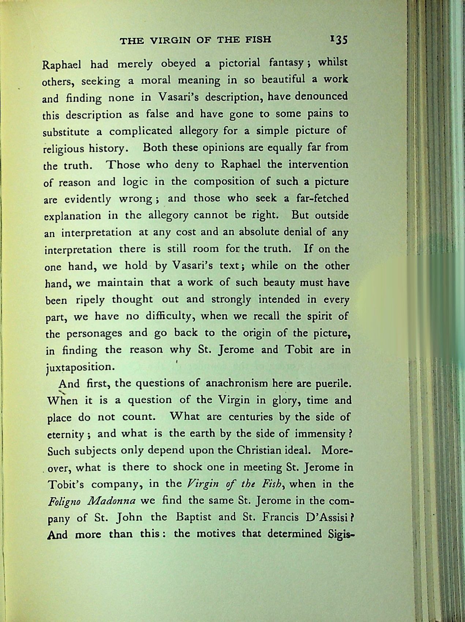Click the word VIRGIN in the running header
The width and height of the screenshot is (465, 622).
point(165,40)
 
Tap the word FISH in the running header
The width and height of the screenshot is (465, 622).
point(259,39)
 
